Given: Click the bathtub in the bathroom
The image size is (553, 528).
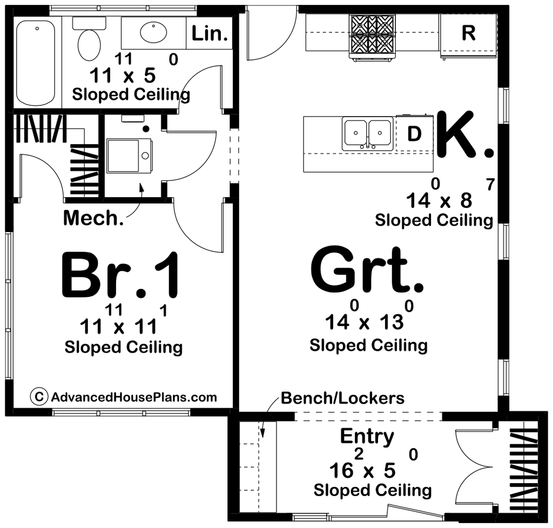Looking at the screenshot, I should tap(36, 62).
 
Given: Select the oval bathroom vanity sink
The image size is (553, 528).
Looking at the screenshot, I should tap(153, 32).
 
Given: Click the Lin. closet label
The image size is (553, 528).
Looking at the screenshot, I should tap(209, 34).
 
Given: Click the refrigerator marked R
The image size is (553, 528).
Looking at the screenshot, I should tap(468, 33).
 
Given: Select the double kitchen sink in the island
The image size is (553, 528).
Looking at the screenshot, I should tap(368, 133).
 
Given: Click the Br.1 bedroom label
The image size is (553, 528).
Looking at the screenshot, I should tap(120, 276).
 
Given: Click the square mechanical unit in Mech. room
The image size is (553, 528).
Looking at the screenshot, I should tap(130, 155).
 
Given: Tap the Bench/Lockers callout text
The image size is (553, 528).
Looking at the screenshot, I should tap(342, 398).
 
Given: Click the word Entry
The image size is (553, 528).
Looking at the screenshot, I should tap(367, 436).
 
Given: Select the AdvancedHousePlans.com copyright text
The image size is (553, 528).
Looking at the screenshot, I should tap(134, 397).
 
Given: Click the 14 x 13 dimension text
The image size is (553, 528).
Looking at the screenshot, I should tap(365, 322).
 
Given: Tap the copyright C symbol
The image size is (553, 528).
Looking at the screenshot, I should tap(38, 397).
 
